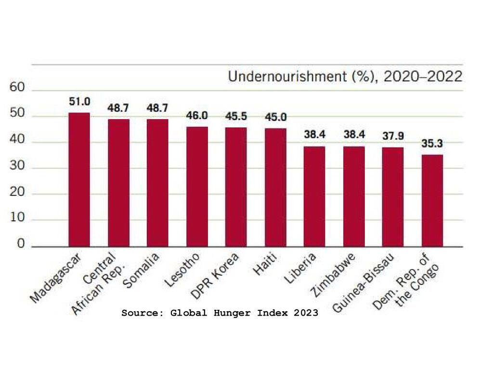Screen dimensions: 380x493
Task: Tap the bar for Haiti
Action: click(x=275, y=187)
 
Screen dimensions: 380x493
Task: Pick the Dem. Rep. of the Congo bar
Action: click(x=432, y=200)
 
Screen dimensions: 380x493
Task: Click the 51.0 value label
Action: click(x=79, y=102)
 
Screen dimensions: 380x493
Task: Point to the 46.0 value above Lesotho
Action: click(x=197, y=116)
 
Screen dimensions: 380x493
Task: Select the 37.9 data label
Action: click(x=393, y=136)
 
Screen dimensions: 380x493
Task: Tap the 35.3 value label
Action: click(x=432, y=143)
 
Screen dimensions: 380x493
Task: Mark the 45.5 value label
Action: click(x=236, y=117)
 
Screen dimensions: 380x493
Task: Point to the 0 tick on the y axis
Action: click(x=21, y=245)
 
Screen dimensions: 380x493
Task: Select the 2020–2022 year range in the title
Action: click(x=422, y=77)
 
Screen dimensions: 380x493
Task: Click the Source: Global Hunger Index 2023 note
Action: click(x=220, y=313)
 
